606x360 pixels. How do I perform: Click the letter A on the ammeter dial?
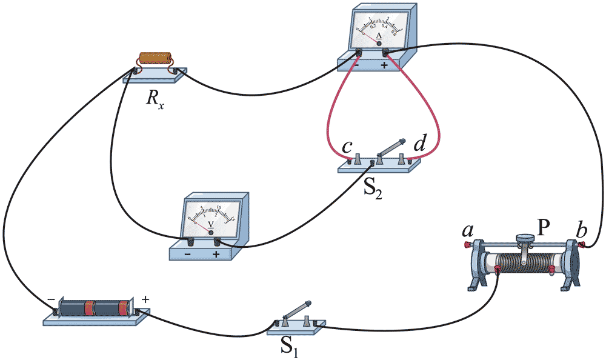click(379, 36)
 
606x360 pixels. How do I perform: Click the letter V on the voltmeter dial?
click(211, 224)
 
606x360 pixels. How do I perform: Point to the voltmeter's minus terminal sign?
click(188, 255)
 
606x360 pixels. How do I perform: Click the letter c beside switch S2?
click(347, 147)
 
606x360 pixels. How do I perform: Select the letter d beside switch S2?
click(419, 145)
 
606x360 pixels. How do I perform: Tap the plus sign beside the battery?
click(145, 299)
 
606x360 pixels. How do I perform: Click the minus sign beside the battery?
click(52, 298)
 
